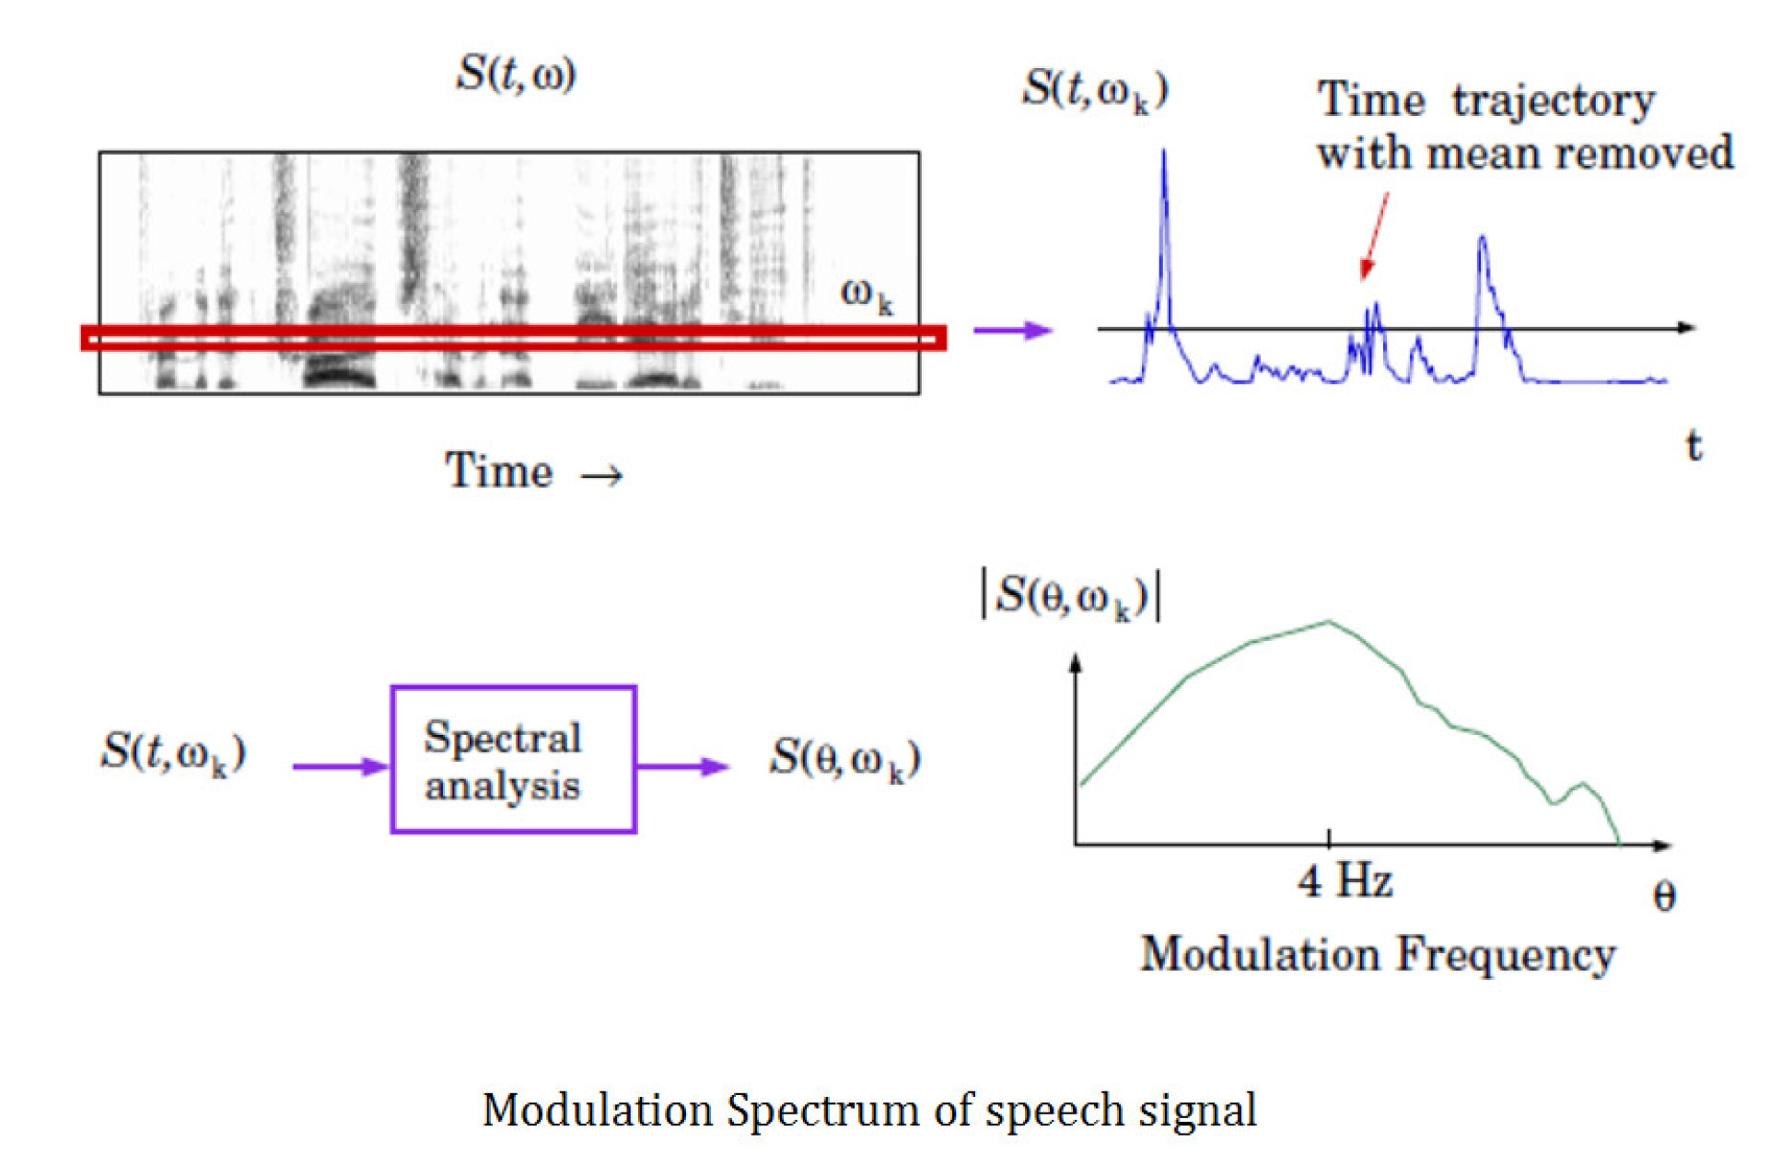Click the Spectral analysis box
point(513,759)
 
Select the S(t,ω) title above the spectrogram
point(516,74)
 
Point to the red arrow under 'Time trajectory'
point(1374,234)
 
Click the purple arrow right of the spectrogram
point(1012,330)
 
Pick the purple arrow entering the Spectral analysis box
point(340,765)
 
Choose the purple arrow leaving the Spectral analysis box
point(682,765)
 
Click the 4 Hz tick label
point(1344,881)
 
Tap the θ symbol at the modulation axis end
point(1663,896)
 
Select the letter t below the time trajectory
point(1693,446)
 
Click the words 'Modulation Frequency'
point(1377,954)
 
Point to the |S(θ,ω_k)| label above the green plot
point(1071,597)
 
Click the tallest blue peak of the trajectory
point(1164,154)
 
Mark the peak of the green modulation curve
point(1328,623)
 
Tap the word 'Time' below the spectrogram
point(498,471)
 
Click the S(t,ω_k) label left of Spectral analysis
point(173,752)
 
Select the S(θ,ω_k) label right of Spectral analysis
point(844,759)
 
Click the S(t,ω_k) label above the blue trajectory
point(1095,90)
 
